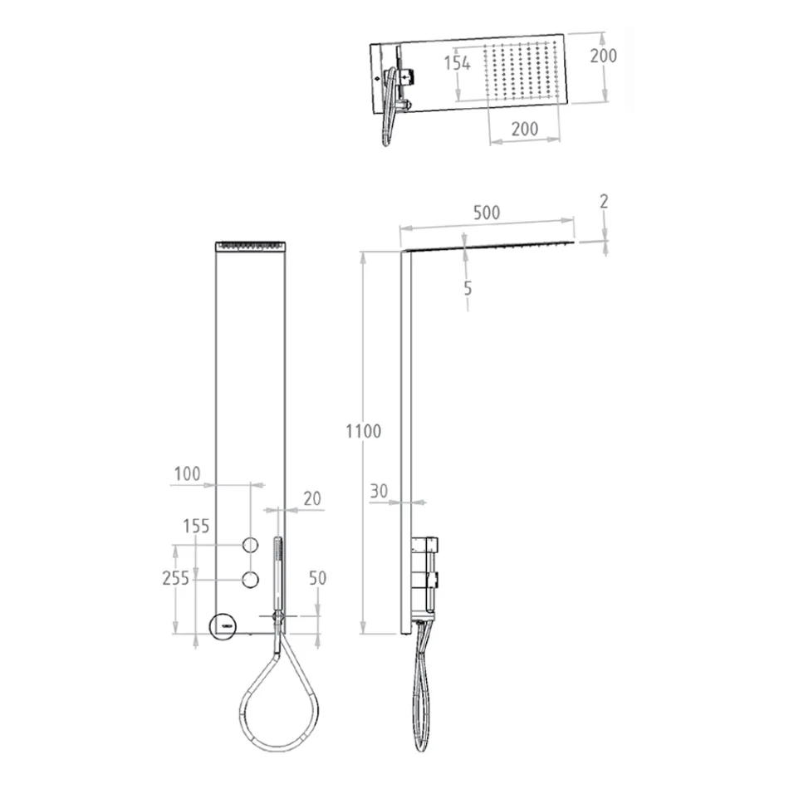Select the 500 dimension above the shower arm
point(486,213)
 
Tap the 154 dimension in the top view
point(457,63)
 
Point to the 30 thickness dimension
point(379,491)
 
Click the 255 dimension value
point(175,579)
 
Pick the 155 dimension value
point(197,526)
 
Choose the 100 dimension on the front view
point(187,474)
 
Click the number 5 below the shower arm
point(468,288)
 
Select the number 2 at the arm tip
point(605,201)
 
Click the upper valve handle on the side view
point(426,546)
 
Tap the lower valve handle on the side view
point(426,579)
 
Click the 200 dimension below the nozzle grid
point(523,128)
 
